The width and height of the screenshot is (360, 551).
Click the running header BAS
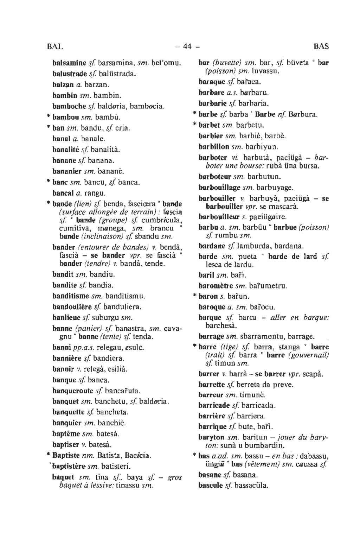(x=321, y=46)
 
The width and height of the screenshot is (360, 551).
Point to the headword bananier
(x=67, y=171)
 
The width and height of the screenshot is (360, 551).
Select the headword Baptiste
(x=66, y=456)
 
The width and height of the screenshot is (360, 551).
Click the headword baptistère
(x=68, y=467)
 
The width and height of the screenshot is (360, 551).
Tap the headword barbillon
(x=214, y=146)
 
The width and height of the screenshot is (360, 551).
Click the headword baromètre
(x=216, y=286)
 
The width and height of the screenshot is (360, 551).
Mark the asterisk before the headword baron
(x=195, y=296)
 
